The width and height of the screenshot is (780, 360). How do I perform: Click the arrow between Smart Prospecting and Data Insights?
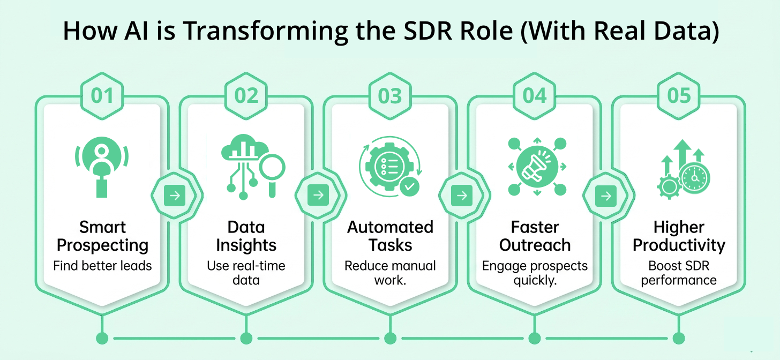click(x=175, y=196)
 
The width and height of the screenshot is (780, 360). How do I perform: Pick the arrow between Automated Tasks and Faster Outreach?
click(x=462, y=196)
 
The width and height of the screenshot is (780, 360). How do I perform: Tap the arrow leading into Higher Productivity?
click(x=606, y=196)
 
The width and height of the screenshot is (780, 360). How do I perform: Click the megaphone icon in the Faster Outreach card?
click(x=534, y=166)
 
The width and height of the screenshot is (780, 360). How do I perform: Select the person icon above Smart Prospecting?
click(x=102, y=161)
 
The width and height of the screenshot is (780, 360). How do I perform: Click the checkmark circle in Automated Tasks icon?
click(x=410, y=186)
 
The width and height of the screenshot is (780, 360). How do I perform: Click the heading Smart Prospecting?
click(x=102, y=236)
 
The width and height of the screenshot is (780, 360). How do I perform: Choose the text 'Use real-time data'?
click(x=246, y=273)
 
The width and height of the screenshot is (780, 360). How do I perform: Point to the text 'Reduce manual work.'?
click(x=390, y=273)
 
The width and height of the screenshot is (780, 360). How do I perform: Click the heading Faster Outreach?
click(x=535, y=236)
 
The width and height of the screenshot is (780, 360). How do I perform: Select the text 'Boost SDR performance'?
click(x=679, y=273)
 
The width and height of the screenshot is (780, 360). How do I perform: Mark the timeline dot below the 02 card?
click(x=246, y=338)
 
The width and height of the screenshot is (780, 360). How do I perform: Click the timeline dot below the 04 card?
click(x=534, y=338)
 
